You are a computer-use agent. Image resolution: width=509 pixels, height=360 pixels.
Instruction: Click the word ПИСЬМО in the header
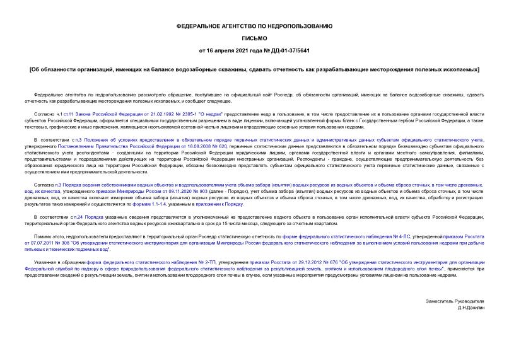click(254, 38)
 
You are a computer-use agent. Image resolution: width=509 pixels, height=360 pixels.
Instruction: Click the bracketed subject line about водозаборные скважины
click(254, 68)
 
